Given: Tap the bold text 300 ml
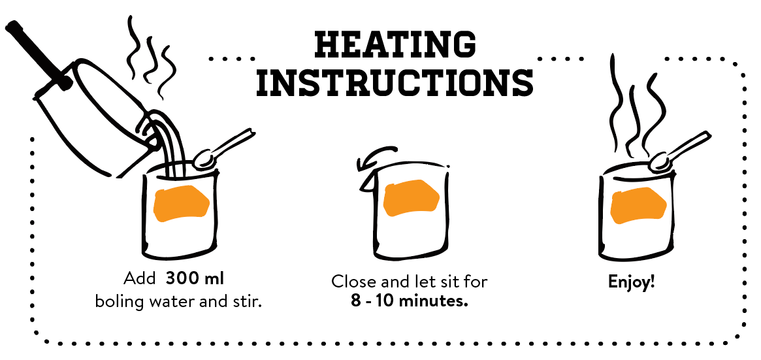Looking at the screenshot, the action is coord(195,279).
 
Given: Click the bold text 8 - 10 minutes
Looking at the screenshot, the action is coord(409,301).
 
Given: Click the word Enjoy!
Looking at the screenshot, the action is coord(632,282).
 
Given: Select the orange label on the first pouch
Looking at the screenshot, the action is coord(181,203).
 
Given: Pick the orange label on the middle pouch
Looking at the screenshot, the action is coord(411,198).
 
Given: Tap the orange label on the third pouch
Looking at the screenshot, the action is coord(638,205).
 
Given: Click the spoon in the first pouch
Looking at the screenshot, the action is coord(223,148).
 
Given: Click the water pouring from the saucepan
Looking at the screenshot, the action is coord(167,140).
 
